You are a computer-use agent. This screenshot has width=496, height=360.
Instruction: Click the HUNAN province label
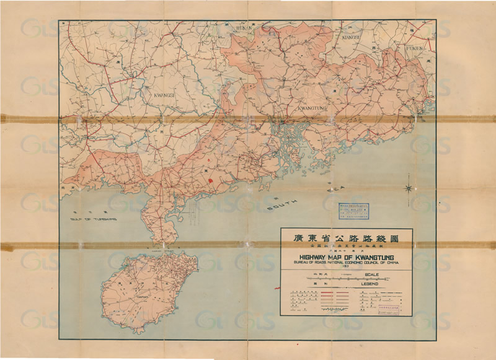click(x=240, y=28)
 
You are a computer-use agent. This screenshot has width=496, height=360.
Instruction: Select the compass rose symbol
click(x=409, y=188)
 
